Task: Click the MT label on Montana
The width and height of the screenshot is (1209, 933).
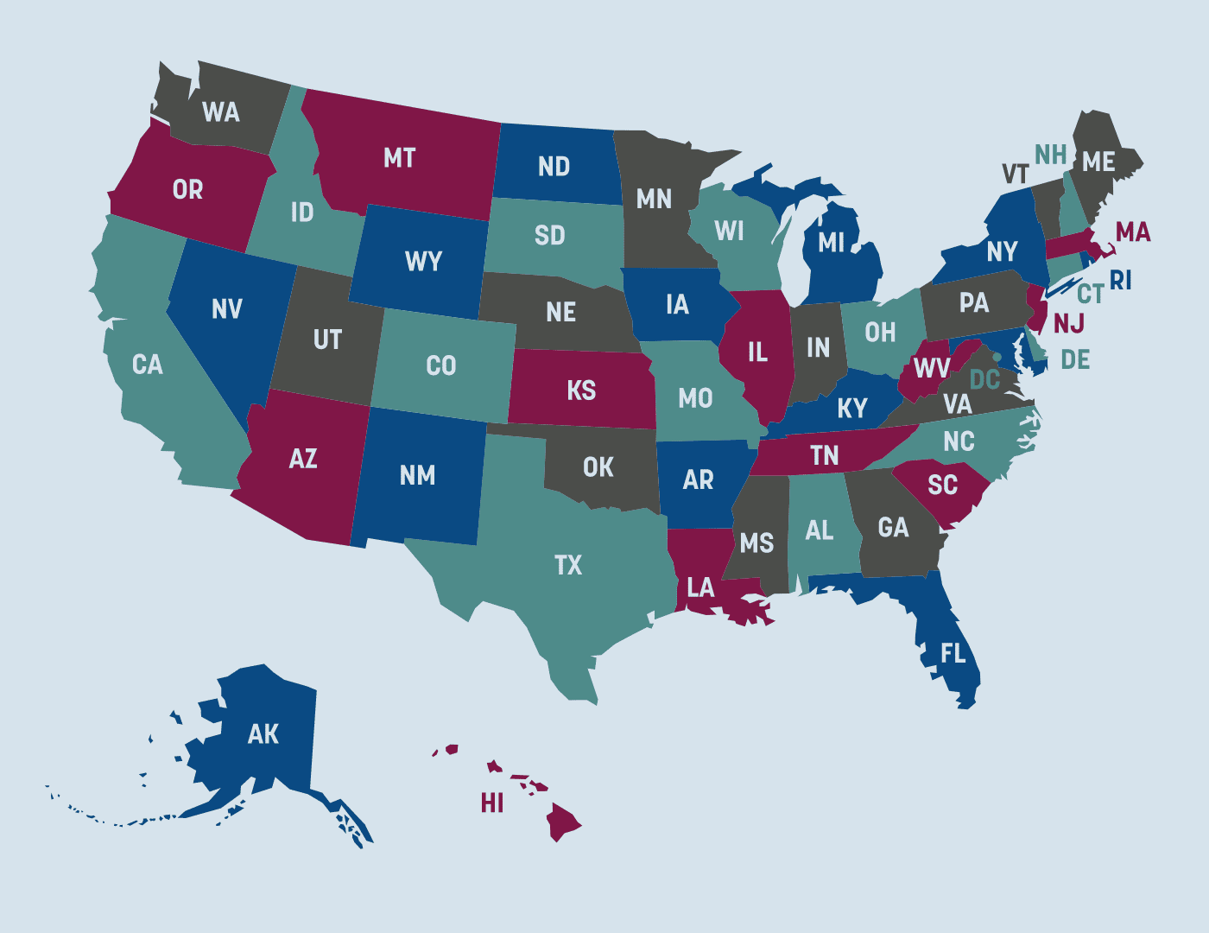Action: coord(400,158)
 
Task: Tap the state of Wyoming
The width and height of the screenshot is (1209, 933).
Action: coord(422,262)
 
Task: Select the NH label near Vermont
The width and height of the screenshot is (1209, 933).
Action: coord(1051,155)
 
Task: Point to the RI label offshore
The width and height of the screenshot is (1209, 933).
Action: coord(1120,281)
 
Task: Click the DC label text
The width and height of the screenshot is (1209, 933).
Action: coord(984,380)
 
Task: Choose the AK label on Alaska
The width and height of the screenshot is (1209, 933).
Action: coord(263,734)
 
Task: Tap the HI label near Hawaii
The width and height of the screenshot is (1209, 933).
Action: coord(492,803)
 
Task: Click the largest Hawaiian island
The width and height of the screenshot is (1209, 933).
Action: coord(562,822)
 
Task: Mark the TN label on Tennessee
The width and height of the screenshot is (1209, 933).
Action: coord(824,455)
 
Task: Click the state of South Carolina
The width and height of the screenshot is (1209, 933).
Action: coord(942,488)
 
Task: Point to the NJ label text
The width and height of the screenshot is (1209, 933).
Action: coord(1069,323)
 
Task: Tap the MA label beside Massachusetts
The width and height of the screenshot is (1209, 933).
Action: coord(1132,232)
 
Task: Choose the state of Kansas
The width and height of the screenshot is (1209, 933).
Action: coord(581,390)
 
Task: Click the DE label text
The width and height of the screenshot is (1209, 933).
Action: coord(1075,360)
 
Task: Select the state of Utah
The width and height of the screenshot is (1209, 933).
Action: coord(327,340)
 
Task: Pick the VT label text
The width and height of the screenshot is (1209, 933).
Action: coord(1016,175)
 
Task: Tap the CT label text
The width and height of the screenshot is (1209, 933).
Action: coord(1090,295)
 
